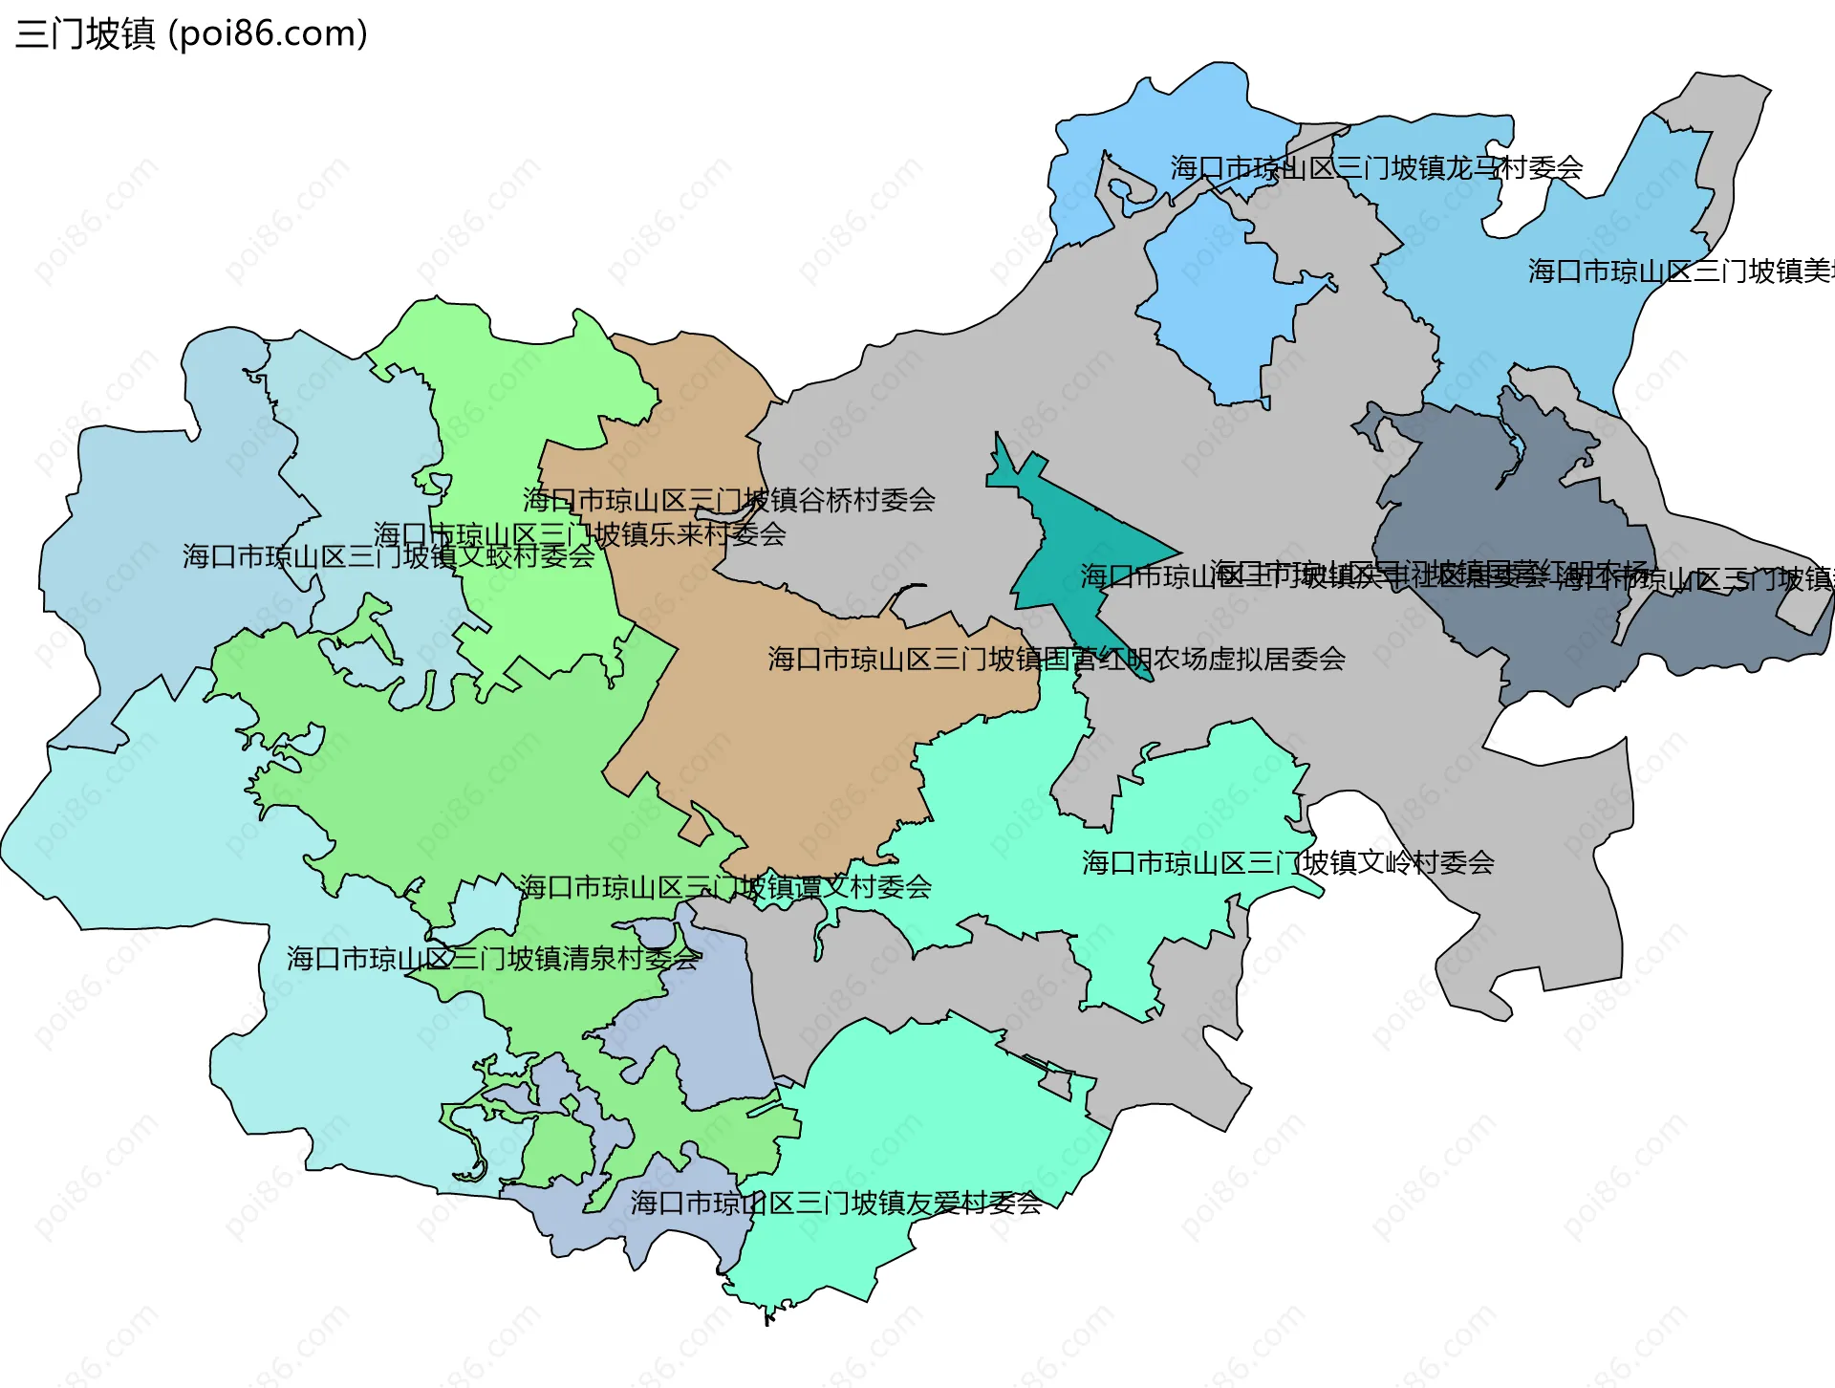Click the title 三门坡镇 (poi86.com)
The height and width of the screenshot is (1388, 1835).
click(x=191, y=34)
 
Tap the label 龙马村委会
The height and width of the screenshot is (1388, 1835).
click(x=1376, y=168)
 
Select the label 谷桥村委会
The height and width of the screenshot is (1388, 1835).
click(x=728, y=500)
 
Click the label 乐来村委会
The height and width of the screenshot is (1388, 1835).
click(x=579, y=534)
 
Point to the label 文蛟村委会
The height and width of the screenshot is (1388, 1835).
click(x=388, y=556)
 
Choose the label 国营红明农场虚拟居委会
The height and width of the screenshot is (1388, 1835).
click(x=1056, y=659)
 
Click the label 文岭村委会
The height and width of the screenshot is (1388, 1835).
click(x=1287, y=863)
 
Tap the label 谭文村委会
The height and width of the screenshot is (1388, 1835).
click(x=725, y=887)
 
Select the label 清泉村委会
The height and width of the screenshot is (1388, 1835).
click(x=492, y=959)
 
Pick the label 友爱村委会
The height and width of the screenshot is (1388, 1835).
click(x=835, y=1204)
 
